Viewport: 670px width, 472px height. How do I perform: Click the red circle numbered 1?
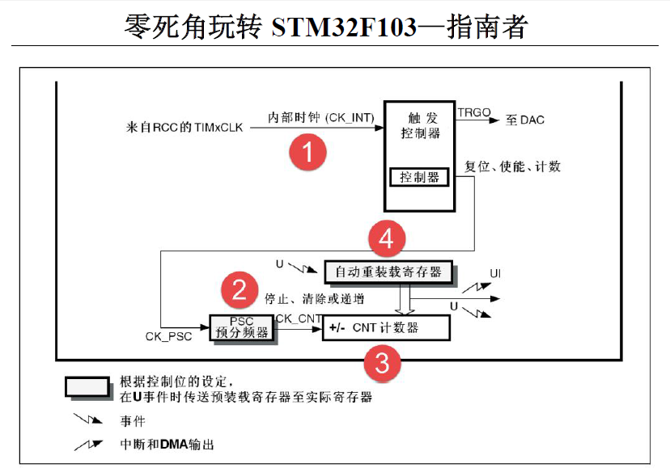pos(308,151)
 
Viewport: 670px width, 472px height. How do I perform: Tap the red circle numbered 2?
pos(240,289)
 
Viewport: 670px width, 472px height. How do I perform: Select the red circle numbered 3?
pos(382,363)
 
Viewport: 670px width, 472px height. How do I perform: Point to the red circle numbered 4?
pos(386,238)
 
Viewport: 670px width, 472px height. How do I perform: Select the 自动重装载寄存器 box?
pos(388,272)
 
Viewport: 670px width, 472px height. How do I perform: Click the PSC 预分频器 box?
pos(242,327)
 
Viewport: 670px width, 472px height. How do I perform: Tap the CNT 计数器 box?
pos(385,327)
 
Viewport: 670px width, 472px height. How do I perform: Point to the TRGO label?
pos(473,112)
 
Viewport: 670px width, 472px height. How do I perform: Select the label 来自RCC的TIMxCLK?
pos(184,127)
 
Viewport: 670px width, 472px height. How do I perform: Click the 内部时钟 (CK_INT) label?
pos(320,118)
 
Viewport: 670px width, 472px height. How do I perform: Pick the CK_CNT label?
pos(299,318)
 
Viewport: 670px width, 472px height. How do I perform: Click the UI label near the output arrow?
pos(494,274)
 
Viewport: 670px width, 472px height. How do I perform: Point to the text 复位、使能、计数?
pos(512,167)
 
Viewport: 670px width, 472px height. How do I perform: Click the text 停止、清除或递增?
pos(313,298)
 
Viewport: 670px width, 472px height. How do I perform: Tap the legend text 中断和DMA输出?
pos(167,445)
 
